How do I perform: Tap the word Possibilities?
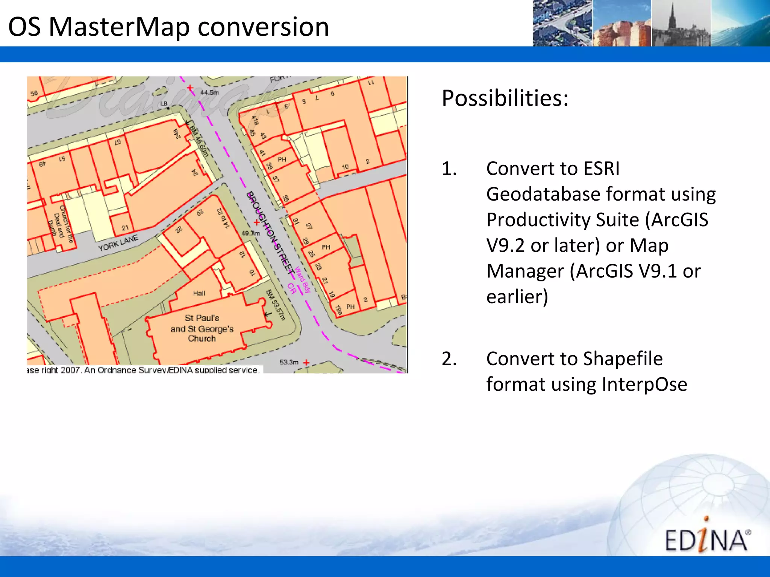(505, 98)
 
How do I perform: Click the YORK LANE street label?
(118, 243)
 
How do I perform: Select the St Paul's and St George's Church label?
(202, 328)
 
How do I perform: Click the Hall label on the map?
(199, 293)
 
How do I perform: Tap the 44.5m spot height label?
(209, 92)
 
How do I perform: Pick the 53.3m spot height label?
(289, 362)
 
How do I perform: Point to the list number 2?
(449, 359)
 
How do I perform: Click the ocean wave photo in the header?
(740, 23)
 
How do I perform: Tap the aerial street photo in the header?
(562, 23)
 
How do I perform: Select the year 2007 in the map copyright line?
(70, 370)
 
